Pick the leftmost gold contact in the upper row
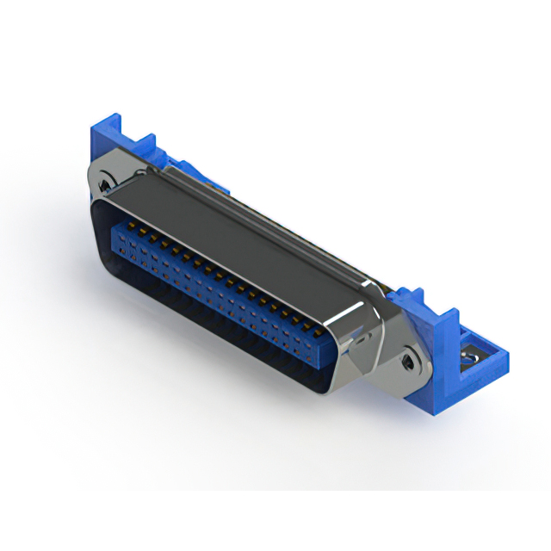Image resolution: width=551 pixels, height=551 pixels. click(x=133, y=226)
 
